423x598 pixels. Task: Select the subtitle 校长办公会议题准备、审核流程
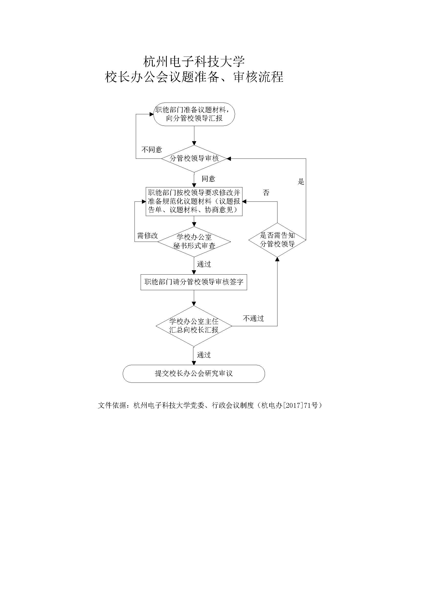tap(194, 77)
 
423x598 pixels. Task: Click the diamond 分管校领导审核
tap(194, 158)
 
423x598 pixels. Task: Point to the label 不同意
tap(152, 150)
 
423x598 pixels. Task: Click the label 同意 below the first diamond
tap(208, 179)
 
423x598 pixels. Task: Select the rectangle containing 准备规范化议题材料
tap(194, 201)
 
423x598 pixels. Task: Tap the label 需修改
tap(147, 236)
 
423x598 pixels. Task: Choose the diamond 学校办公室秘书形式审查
tap(194, 242)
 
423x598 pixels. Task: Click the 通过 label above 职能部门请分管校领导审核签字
tap(204, 264)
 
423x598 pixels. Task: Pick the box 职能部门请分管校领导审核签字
tap(194, 282)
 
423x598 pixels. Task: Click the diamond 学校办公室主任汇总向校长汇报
tap(194, 326)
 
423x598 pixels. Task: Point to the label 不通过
tap(253, 318)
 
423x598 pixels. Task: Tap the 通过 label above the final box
tap(204, 355)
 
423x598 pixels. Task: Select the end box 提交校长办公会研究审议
tap(194, 374)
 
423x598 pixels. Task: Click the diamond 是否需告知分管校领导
tap(277, 240)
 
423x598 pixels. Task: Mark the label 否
tap(266, 193)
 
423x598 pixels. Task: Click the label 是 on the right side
tap(301, 182)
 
